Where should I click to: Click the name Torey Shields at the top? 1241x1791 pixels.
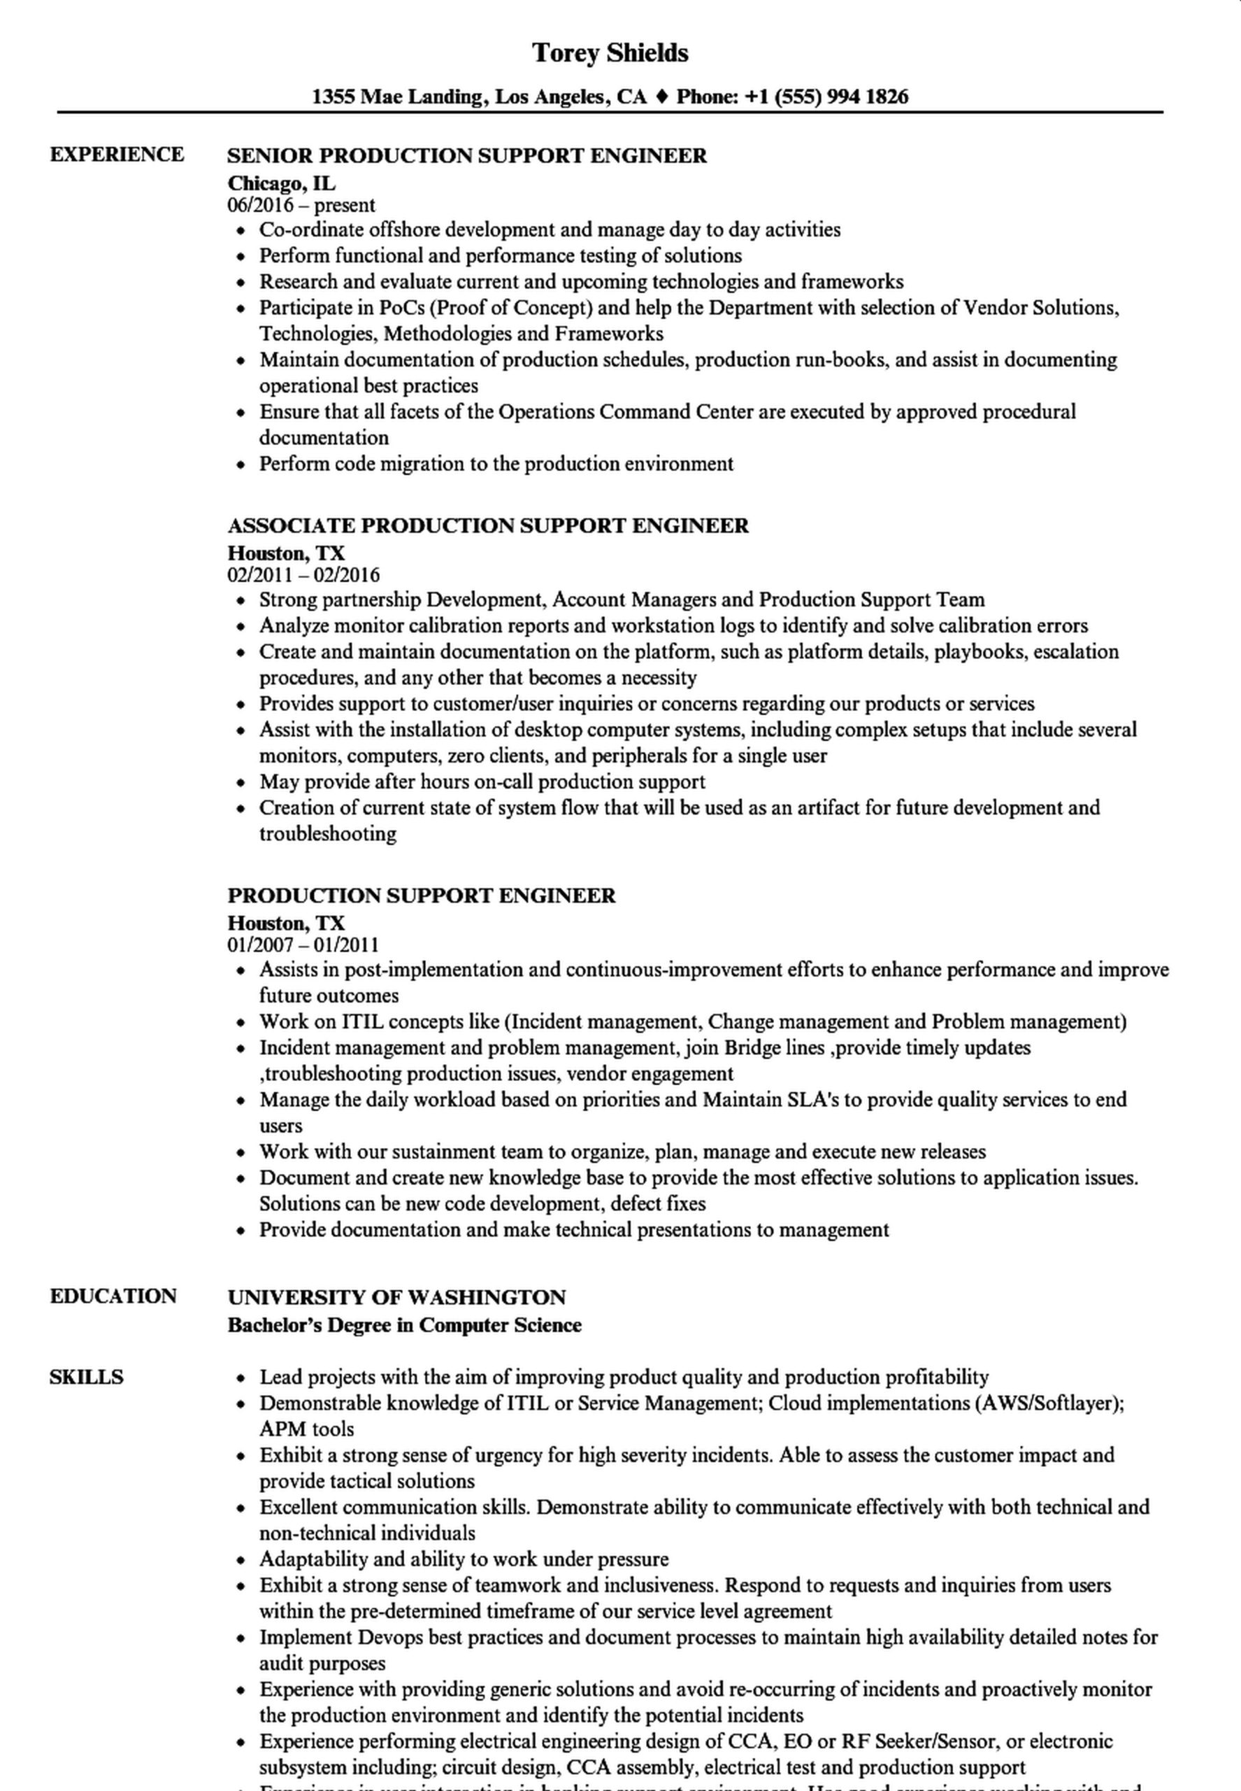[x=610, y=53]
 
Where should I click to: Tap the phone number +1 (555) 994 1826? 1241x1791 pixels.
[x=826, y=97]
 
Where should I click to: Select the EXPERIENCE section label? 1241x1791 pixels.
[x=117, y=154]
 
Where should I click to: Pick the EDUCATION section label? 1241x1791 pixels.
[x=113, y=1296]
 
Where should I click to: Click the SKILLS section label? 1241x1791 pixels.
[x=86, y=1376]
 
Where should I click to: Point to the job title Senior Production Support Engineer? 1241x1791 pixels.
[x=466, y=155]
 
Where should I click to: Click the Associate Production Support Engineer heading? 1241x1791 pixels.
[x=487, y=525]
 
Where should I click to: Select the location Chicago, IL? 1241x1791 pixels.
[x=282, y=183]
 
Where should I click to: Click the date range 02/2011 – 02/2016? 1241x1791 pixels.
[x=303, y=575]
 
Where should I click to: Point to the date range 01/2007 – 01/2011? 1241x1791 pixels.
[x=303, y=944]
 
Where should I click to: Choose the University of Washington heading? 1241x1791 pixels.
[x=396, y=1297]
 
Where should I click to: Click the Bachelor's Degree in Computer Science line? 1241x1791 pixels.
[x=404, y=1324]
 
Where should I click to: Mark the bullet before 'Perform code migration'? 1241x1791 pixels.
[x=242, y=465]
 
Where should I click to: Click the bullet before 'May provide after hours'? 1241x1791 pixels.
[x=242, y=782]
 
